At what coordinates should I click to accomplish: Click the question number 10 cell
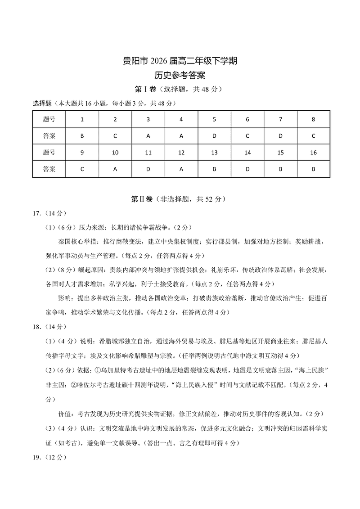point(115,153)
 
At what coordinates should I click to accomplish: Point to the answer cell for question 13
point(214,169)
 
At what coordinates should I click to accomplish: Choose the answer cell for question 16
point(313,169)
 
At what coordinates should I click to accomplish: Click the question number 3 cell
point(148,119)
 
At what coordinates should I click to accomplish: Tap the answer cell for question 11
point(148,169)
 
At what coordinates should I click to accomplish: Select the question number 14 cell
point(247,153)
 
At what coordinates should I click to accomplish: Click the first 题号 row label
point(49,119)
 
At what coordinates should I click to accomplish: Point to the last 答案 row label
point(49,169)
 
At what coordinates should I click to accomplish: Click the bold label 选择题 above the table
point(43,103)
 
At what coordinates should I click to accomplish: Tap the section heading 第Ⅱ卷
point(142,198)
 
